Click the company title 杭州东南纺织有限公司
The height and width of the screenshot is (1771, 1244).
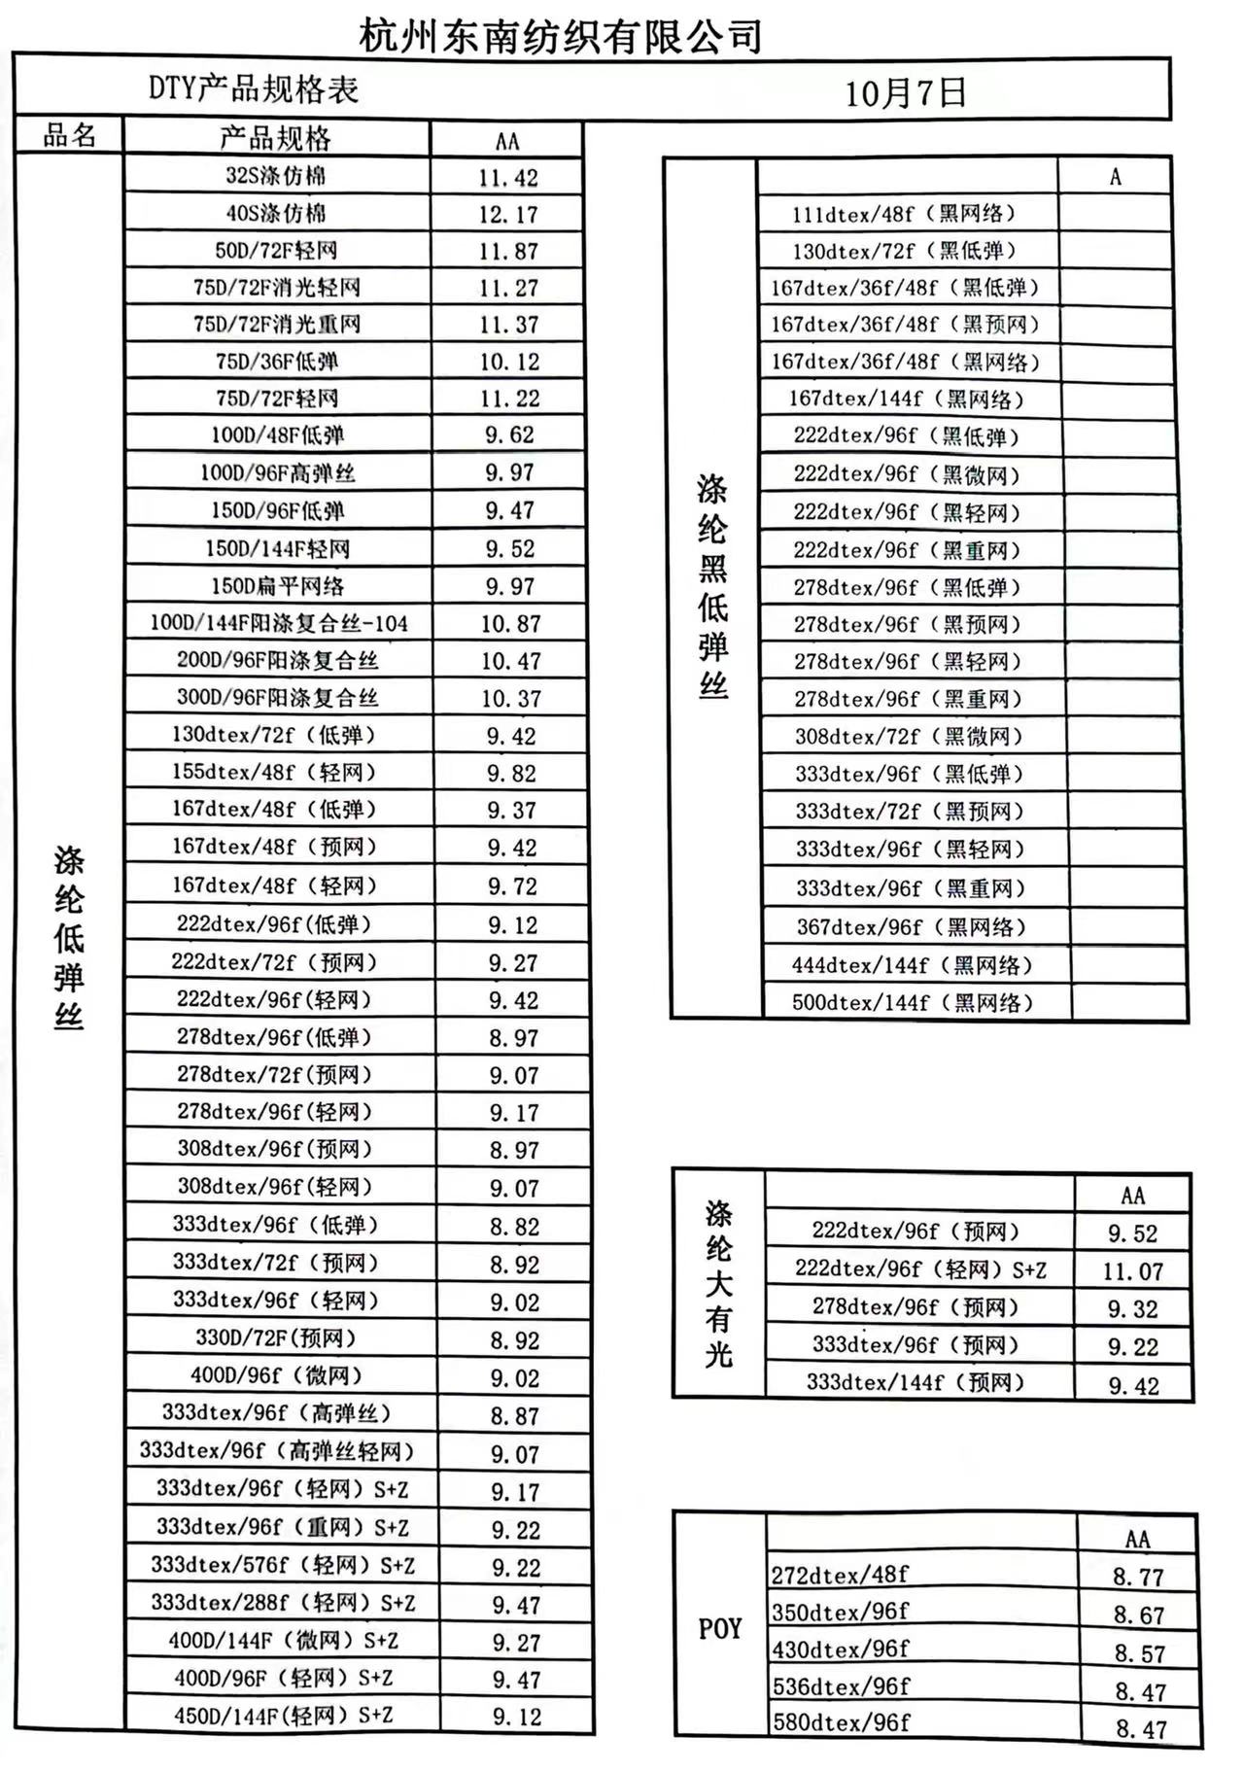click(x=561, y=36)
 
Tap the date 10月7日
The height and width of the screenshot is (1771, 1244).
click(x=905, y=93)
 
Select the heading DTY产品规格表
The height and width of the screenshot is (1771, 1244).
click(x=254, y=89)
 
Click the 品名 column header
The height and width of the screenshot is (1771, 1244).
click(x=70, y=136)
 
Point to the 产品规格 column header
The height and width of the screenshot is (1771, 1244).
click(x=276, y=138)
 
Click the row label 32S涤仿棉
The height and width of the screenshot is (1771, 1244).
click(x=276, y=176)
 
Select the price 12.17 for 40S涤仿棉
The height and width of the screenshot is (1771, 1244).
click(x=507, y=214)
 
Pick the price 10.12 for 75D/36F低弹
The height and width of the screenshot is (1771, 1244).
click(x=508, y=362)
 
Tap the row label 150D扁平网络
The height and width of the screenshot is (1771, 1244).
click(x=278, y=586)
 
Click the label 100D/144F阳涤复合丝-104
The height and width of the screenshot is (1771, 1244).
click(x=279, y=623)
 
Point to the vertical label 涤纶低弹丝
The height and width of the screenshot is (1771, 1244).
click(x=69, y=938)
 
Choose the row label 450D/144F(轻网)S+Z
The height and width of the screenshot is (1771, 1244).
click(x=284, y=1716)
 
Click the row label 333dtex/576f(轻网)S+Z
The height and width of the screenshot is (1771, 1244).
click(x=283, y=1565)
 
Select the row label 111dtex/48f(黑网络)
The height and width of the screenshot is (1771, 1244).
click(x=904, y=214)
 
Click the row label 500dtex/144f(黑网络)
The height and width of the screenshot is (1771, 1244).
click(x=913, y=1002)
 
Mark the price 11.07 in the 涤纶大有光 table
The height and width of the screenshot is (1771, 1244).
click(x=1132, y=1270)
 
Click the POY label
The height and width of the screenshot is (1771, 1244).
click(x=720, y=1628)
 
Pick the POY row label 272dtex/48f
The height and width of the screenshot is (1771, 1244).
click(x=840, y=1575)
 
